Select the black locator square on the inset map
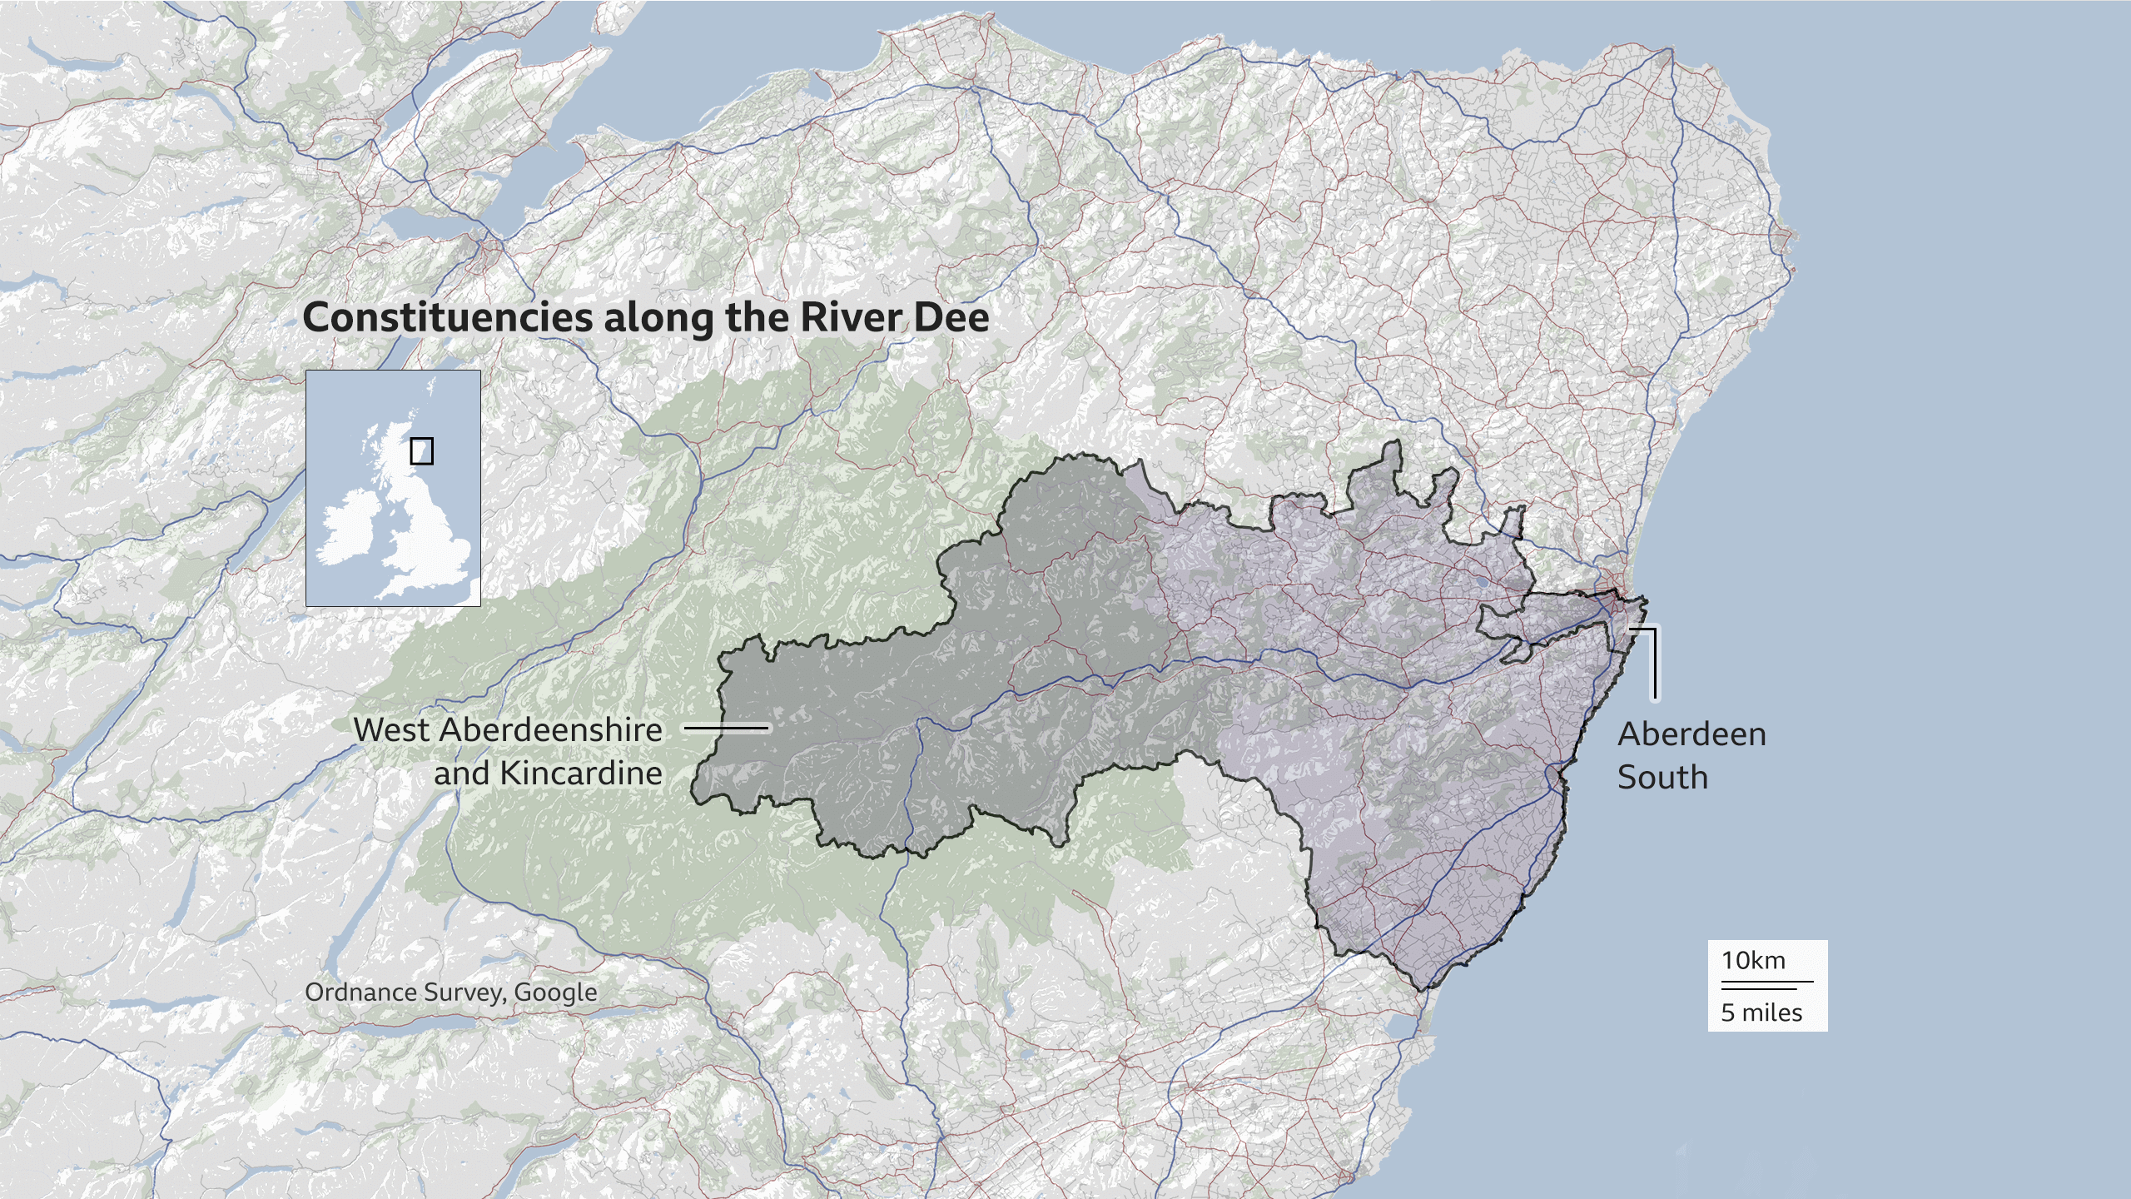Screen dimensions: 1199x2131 421,451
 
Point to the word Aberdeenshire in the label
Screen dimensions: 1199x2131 550,730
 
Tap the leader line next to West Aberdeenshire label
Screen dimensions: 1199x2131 726,728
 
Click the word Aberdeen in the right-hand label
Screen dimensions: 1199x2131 1691,734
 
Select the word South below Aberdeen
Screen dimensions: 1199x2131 1662,778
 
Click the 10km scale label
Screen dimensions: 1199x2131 1753,961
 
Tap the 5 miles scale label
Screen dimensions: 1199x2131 1761,1013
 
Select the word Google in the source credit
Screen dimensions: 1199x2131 555,993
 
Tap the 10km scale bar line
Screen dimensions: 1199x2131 1766,982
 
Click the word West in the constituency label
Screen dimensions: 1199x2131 390,730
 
